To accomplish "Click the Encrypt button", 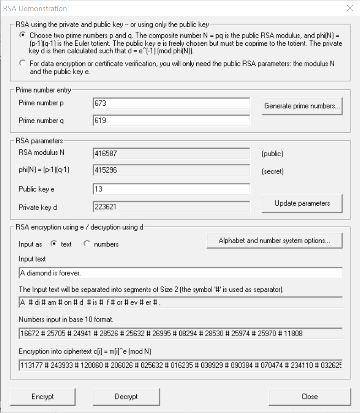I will coord(43,396).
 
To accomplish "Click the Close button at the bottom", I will coord(309,396).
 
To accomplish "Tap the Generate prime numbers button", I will coord(302,106).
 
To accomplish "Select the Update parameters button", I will coord(302,203).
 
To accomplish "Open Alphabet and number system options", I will coord(274,240).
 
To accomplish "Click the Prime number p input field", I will coord(171,103).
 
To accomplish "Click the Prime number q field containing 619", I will coord(171,121).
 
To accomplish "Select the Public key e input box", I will coord(171,189).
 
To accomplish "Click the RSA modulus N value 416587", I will coord(171,154).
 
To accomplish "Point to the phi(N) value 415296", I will coord(171,170).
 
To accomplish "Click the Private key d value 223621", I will coord(171,207).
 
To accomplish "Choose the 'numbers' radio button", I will coord(87,244).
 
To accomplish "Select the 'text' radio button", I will coord(53,244).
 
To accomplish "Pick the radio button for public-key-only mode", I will coord(22,63).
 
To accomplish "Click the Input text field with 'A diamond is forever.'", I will coord(180,273).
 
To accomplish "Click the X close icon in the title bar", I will coord(350,8).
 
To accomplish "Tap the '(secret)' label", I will coord(272,171).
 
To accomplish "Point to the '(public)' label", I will coord(272,154).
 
